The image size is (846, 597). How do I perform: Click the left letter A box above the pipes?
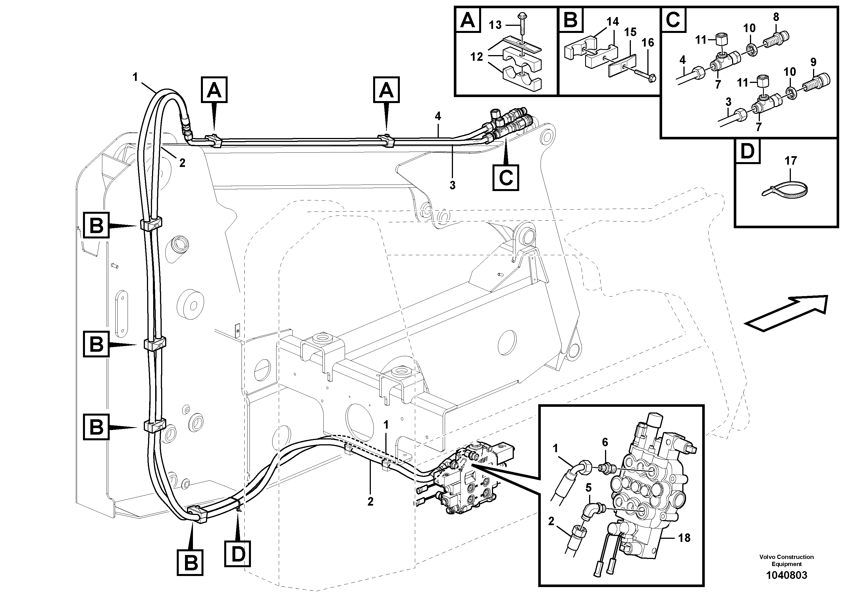point(214,89)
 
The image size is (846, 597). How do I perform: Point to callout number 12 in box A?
point(477,57)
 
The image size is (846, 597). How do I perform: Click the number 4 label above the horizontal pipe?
point(437,116)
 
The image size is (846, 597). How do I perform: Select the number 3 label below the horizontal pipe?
point(452,185)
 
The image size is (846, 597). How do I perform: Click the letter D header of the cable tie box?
point(747,151)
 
